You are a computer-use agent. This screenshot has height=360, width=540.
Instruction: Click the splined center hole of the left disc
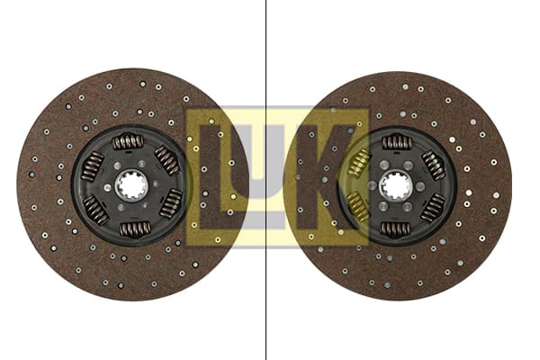(131, 187)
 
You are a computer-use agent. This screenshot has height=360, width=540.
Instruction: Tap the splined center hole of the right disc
(395, 186)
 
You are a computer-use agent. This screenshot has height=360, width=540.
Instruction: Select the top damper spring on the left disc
(128, 142)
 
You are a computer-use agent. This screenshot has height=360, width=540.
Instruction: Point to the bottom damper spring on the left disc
(135, 229)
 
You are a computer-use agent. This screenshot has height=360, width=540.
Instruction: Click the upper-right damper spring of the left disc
(167, 160)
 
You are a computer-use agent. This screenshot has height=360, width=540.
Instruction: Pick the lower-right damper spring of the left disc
(171, 203)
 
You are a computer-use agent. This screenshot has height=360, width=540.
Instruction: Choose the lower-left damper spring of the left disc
(95, 210)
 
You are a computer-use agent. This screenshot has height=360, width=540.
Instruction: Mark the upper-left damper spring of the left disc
(93, 166)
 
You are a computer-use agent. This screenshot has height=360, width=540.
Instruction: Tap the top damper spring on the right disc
(397, 141)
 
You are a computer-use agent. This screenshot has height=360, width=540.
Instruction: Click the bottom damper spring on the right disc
(395, 229)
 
